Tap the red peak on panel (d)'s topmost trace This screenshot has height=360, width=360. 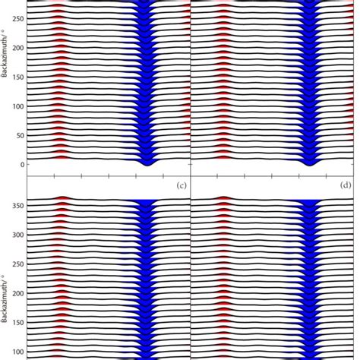223,198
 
